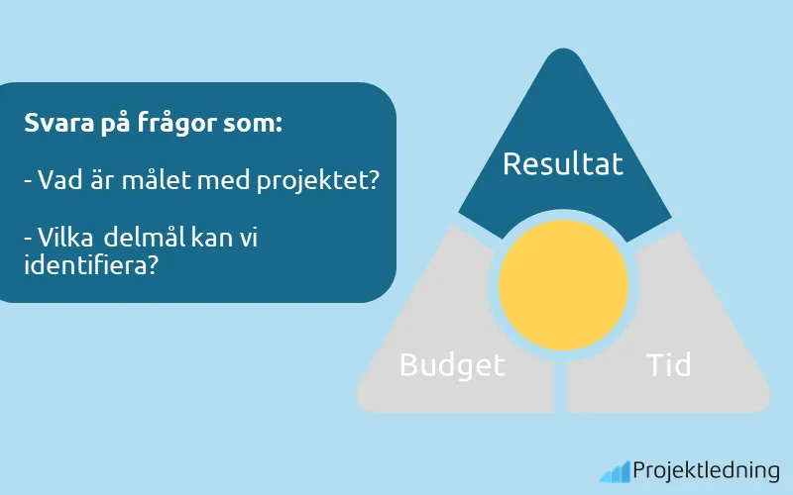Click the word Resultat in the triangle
click(563, 163)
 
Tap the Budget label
click(452, 365)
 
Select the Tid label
click(668, 364)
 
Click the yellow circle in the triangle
click(563, 284)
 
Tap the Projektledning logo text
click(706, 471)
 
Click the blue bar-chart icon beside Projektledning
click(615, 471)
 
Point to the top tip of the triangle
click(563, 51)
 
